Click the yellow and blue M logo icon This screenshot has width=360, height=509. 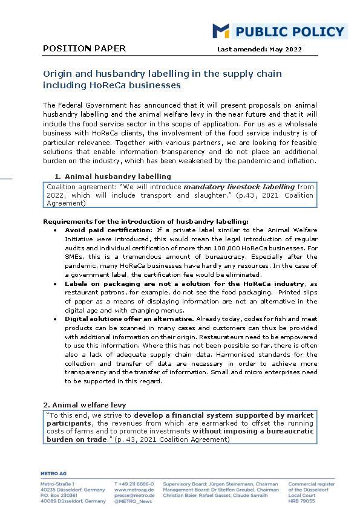pyautogui.click(x=220, y=31)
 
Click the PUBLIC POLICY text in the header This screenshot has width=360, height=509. pyautogui.click(x=289, y=31)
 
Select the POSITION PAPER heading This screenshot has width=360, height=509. pyautogui.click(x=85, y=48)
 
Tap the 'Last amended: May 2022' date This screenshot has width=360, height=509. pyautogui.click(x=259, y=50)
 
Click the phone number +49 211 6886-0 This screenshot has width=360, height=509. pyautogui.click(x=134, y=484)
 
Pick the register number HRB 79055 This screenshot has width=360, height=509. pyautogui.click(x=301, y=501)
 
